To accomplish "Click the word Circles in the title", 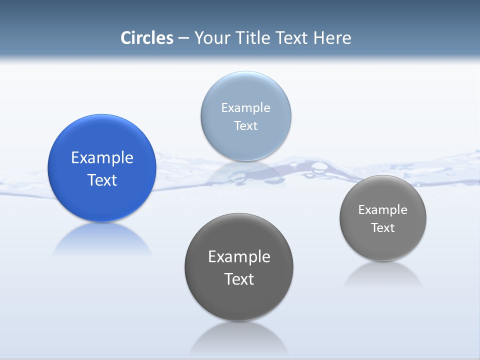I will tap(147, 38).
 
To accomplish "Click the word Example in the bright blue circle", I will tap(102, 157).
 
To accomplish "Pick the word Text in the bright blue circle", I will tap(102, 180).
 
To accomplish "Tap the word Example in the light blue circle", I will tap(245, 107).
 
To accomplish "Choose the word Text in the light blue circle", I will tap(245, 125).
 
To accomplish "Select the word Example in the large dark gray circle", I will tap(239, 256).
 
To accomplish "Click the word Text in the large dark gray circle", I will tap(239, 279).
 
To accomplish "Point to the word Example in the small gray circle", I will tap(382, 209).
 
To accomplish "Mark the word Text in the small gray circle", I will tap(382, 227).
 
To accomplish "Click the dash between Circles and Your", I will tap(183, 38).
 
